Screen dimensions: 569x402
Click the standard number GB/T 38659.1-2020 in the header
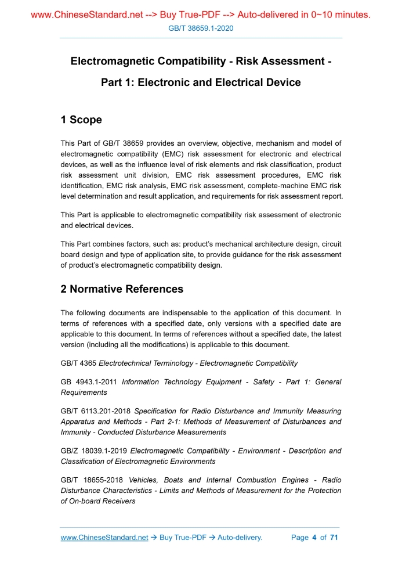click(201, 28)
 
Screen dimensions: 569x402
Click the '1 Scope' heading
click(81, 120)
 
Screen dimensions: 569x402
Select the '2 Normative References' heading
click(122, 289)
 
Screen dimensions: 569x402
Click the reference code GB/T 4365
click(79, 363)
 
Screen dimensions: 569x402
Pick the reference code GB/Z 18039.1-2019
click(94, 451)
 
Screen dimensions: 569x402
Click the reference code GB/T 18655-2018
click(92, 480)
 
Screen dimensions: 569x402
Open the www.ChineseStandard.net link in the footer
click(104, 538)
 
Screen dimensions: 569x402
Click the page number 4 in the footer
click(314, 538)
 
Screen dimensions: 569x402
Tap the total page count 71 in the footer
click(334, 538)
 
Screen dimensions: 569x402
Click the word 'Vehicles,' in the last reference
click(144, 480)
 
